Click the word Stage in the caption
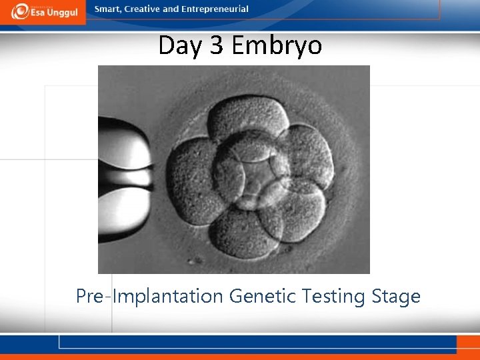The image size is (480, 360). click(399, 295)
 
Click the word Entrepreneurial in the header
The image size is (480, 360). click(214, 9)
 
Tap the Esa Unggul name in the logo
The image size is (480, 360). click(54, 13)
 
